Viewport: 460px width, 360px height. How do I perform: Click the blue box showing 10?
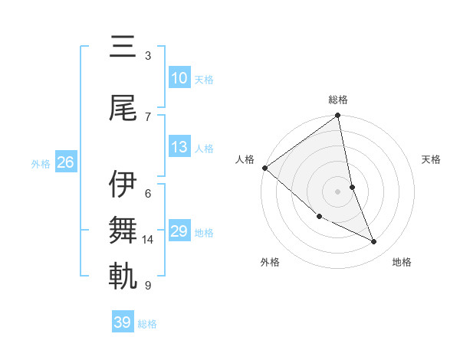click(x=179, y=78)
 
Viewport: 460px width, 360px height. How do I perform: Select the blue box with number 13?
click(x=179, y=148)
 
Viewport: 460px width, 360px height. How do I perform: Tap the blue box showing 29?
click(x=179, y=231)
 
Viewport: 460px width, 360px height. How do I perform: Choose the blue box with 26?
click(x=65, y=162)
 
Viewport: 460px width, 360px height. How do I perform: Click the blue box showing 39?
click(x=122, y=322)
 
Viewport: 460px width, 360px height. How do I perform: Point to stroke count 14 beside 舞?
click(x=148, y=240)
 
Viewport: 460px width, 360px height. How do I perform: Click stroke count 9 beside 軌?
click(x=147, y=286)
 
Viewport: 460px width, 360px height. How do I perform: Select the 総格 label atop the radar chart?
click(x=338, y=100)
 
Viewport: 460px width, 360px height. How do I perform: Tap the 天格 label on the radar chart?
click(x=431, y=159)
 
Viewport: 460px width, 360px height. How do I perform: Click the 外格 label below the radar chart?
click(x=270, y=262)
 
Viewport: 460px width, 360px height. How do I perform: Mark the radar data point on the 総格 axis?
click(x=338, y=116)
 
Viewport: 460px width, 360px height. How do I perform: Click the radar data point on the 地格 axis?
click(x=374, y=242)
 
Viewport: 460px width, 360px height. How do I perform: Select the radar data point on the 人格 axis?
click(x=264, y=168)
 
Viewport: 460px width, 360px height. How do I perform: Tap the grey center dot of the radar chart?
click(x=338, y=191)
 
